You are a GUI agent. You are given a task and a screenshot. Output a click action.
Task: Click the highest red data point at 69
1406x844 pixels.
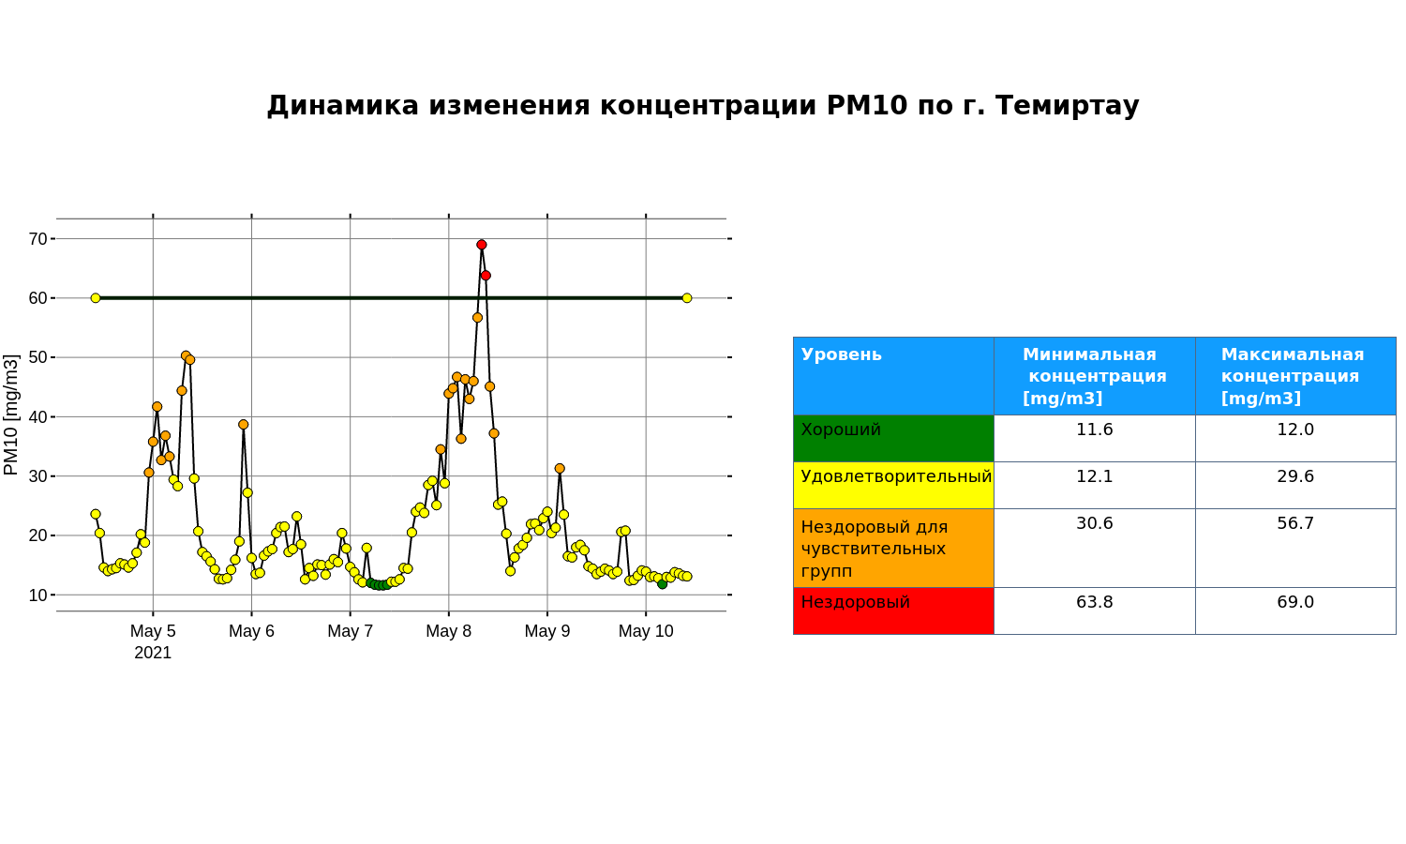[482, 245]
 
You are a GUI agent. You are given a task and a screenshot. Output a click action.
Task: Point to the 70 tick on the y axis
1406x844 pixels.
[38, 238]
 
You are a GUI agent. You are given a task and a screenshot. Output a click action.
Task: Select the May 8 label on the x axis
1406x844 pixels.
[448, 631]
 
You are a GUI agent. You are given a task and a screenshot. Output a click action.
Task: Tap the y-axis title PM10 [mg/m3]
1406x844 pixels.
[11, 414]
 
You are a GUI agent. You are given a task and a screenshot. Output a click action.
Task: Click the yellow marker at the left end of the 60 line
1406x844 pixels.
[96, 298]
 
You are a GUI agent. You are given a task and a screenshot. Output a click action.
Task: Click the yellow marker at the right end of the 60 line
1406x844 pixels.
[687, 298]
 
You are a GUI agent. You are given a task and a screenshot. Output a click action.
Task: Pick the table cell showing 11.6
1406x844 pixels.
[1095, 438]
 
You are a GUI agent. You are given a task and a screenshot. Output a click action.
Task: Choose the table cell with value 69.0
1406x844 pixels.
[1295, 611]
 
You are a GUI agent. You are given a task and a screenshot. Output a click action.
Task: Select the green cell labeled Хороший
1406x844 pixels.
[894, 438]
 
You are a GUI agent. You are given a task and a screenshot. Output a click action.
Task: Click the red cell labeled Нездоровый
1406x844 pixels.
[894, 611]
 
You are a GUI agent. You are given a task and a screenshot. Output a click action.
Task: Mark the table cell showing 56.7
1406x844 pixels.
[1295, 549]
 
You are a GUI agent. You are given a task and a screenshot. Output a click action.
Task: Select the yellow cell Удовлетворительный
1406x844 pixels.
[894, 486]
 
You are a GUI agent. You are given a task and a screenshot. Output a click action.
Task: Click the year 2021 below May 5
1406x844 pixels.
[153, 653]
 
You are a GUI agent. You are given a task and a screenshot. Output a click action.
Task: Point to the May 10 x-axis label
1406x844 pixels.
[646, 631]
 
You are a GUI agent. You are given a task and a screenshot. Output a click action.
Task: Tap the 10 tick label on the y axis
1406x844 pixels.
[38, 595]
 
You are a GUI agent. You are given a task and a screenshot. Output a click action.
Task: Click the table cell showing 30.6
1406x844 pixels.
[1095, 549]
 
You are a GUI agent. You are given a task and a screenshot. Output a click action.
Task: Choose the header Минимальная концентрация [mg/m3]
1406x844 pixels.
[1095, 376]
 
